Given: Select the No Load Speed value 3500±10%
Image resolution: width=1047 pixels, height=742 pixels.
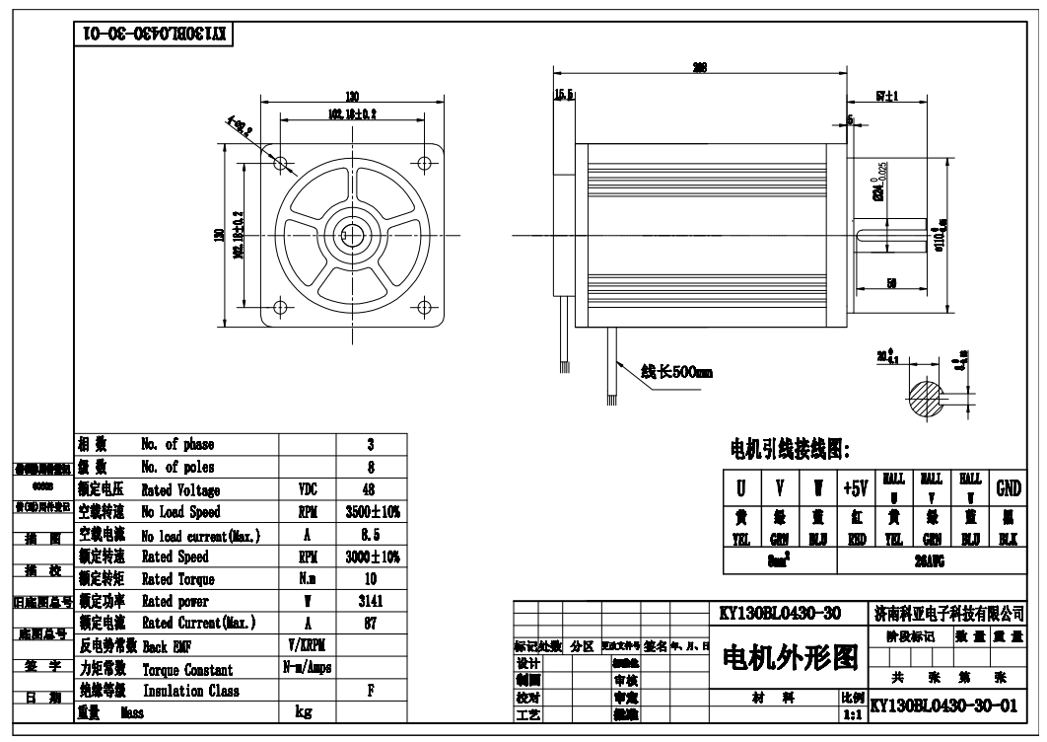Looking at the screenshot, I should click(370, 512).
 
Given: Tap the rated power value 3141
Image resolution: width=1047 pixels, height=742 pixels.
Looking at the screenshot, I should click(370, 601).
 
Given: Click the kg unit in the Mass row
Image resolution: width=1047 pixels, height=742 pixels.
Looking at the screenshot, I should click(306, 712).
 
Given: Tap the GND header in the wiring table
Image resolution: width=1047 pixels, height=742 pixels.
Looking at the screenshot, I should click(1008, 487).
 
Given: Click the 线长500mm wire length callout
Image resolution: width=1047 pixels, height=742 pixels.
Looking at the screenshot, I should click(676, 373).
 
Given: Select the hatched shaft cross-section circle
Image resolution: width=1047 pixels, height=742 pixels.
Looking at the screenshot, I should click(931, 399).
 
